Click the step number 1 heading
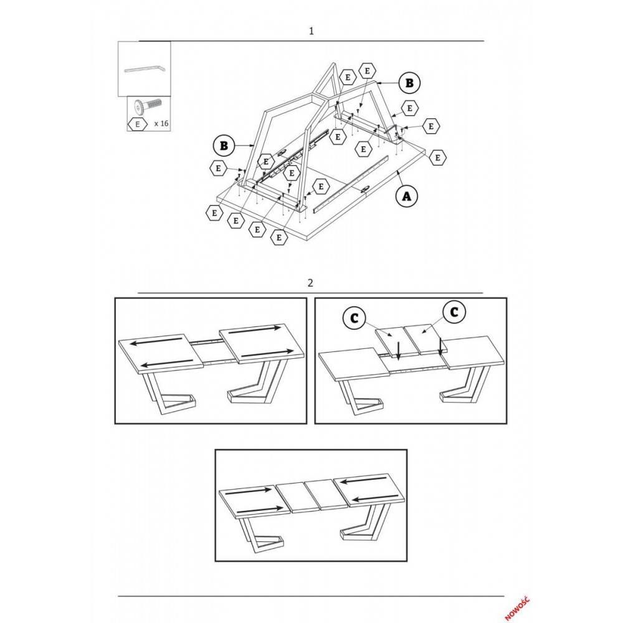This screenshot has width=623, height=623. (311, 31)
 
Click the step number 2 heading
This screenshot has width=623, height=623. (310, 283)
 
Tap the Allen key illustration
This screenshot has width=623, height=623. (145, 69)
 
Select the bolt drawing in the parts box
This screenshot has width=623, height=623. (149, 107)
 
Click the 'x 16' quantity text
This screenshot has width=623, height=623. (161, 123)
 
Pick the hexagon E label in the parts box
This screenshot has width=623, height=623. (138, 124)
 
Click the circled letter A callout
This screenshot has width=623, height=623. (406, 196)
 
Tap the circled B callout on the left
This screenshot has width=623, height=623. (224, 146)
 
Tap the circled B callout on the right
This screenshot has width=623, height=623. (409, 83)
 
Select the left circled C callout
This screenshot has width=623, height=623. (354, 318)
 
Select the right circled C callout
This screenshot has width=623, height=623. (454, 312)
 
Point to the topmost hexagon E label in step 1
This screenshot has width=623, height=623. (367, 71)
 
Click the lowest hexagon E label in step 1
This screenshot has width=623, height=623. (278, 237)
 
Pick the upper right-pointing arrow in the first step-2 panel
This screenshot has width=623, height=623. (255, 330)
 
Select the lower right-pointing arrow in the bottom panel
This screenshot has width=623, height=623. (260, 509)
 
